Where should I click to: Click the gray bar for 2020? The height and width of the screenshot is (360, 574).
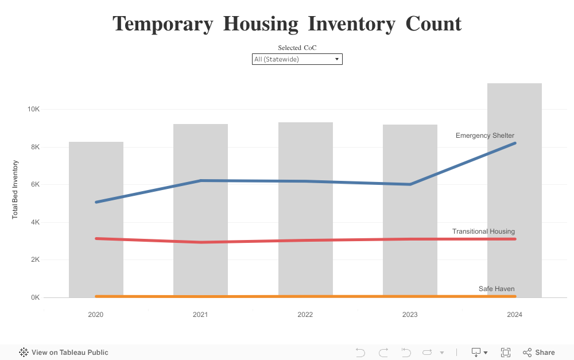pyautogui.click(x=96, y=220)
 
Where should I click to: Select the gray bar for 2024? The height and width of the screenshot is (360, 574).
pyautogui.click(x=514, y=191)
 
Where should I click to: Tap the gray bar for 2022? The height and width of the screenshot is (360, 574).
pyautogui.click(x=305, y=210)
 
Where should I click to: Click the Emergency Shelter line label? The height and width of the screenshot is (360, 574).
pyautogui.click(x=484, y=136)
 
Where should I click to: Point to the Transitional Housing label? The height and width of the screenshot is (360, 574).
pyautogui.click(x=483, y=231)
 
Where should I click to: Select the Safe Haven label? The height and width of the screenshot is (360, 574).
pyautogui.click(x=497, y=289)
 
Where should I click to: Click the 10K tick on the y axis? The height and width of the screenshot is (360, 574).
pyautogui.click(x=34, y=109)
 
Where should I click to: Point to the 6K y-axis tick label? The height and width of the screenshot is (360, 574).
pyautogui.click(x=35, y=184)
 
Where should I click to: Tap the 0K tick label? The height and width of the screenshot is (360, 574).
pyautogui.click(x=35, y=297)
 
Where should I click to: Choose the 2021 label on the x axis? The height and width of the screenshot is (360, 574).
pyautogui.click(x=200, y=315)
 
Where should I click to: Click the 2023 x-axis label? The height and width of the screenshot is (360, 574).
pyautogui.click(x=410, y=315)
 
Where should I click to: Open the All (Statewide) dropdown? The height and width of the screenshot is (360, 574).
pyautogui.click(x=297, y=59)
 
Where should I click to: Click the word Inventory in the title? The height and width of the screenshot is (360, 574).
pyautogui.click(x=351, y=24)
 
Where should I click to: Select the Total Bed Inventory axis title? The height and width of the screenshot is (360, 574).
pyautogui.click(x=15, y=189)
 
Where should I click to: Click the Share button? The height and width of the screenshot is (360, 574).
pyautogui.click(x=539, y=353)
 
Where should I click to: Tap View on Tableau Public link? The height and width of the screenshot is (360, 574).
pyautogui.click(x=64, y=353)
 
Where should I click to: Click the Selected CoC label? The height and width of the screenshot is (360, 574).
pyautogui.click(x=297, y=48)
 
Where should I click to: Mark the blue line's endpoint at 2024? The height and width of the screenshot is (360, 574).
pyautogui.click(x=515, y=143)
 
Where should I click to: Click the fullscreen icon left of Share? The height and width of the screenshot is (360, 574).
pyautogui.click(x=506, y=353)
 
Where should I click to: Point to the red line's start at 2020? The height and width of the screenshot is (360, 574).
pyautogui.click(x=96, y=239)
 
